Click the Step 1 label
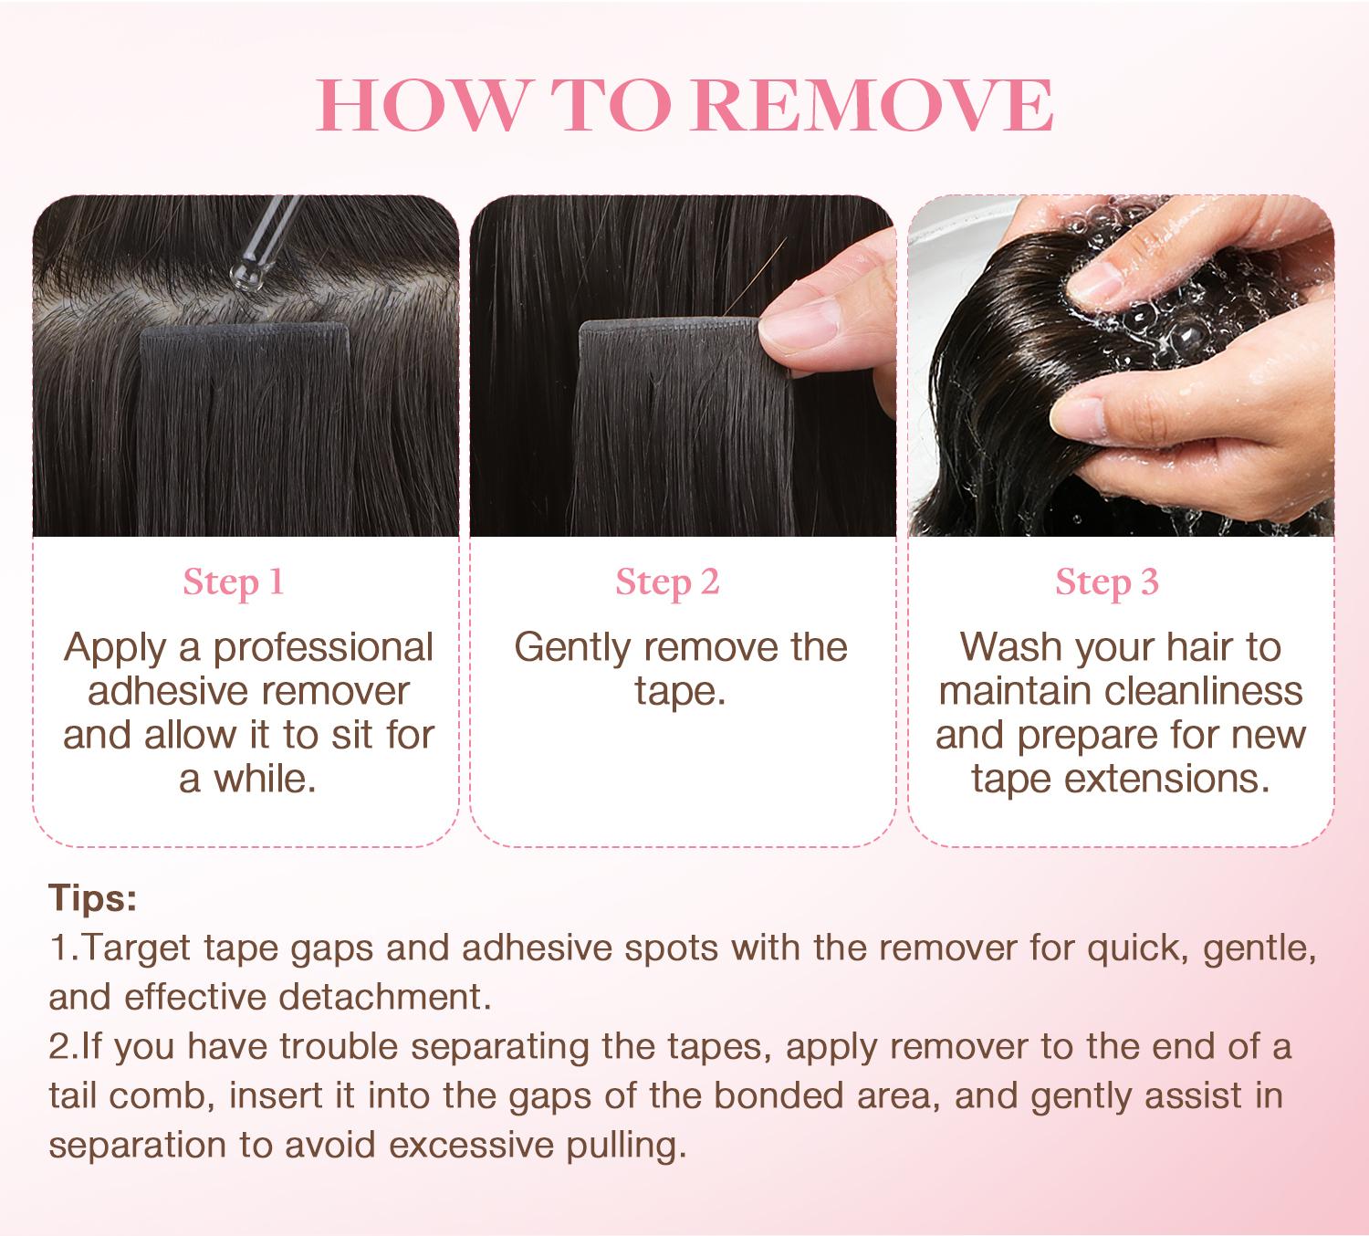coord(234,581)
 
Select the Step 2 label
coord(667,581)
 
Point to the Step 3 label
coord(1106,581)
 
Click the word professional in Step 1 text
coord(323,647)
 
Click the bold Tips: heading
coord(92,898)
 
